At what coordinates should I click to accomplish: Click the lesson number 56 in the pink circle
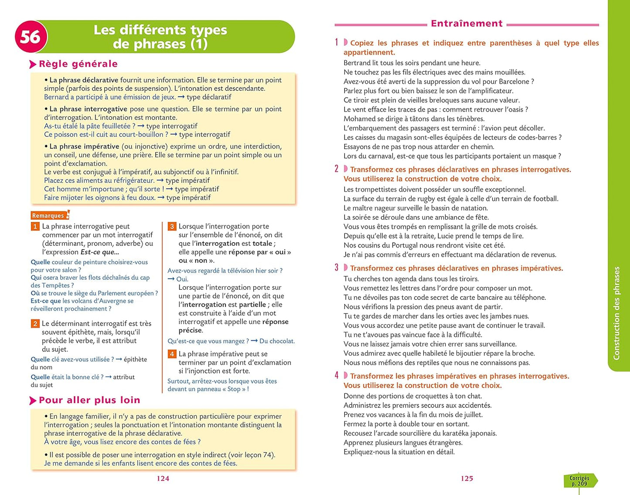(x=31, y=37)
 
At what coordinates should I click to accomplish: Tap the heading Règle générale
(x=78, y=64)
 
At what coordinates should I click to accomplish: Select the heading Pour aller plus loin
(x=89, y=400)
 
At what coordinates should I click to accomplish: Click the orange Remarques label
(x=48, y=215)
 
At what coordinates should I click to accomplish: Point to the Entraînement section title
(x=467, y=24)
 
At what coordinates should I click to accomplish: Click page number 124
(x=163, y=478)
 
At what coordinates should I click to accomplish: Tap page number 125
(x=467, y=478)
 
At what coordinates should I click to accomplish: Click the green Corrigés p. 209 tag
(x=579, y=481)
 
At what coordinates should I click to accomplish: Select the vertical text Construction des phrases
(x=616, y=313)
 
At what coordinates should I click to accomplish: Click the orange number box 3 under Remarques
(x=172, y=226)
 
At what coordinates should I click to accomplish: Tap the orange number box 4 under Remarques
(x=172, y=354)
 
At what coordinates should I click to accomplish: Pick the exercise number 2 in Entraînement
(x=337, y=169)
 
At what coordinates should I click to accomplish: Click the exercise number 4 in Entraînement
(x=337, y=376)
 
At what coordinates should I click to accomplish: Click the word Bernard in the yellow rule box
(x=56, y=97)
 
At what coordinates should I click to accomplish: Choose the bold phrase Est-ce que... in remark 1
(x=100, y=252)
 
